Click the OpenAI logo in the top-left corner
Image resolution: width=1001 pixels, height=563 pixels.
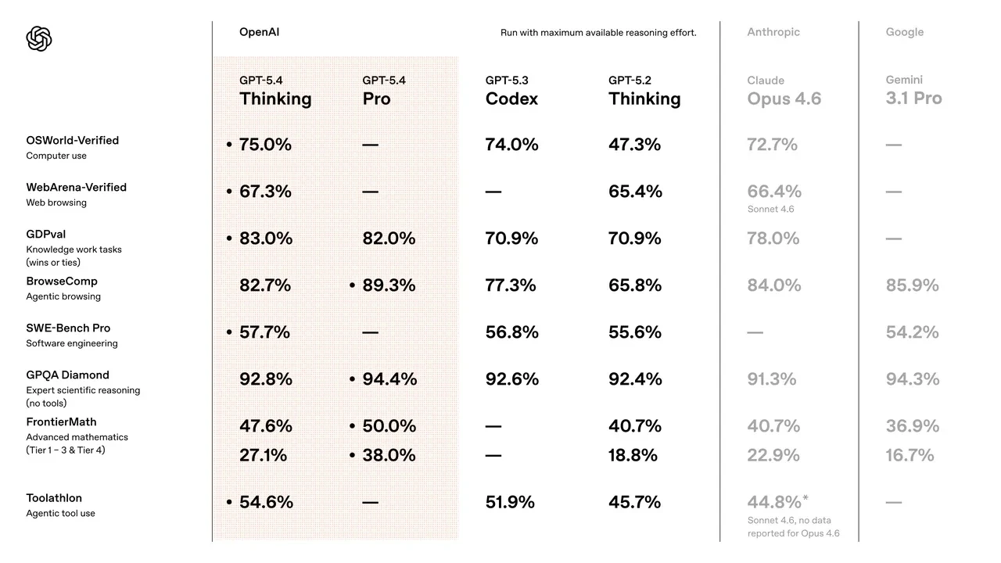click(39, 38)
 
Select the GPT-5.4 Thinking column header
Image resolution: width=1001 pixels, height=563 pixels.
click(275, 91)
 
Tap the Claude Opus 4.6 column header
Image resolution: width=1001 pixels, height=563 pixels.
click(784, 91)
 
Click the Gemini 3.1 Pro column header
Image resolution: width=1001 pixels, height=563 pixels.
click(913, 91)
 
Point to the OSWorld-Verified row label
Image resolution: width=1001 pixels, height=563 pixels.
click(73, 141)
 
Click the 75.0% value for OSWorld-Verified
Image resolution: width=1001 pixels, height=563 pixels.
click(265, 145)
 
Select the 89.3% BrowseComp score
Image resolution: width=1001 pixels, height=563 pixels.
click(389, 285)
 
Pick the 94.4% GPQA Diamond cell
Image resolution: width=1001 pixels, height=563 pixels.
click(389, 379)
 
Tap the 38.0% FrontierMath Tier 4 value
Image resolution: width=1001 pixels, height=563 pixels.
click(389, 455)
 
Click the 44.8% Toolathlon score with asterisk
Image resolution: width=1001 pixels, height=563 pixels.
click(777, 502)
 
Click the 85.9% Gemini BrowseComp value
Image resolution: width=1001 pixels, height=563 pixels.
click(912, 285)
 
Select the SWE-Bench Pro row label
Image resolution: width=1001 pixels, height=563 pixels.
click(68, 328)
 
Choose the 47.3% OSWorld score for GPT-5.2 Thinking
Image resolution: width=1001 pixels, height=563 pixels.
click(634, 145)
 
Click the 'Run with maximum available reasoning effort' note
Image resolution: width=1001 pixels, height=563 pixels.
click(598, 33)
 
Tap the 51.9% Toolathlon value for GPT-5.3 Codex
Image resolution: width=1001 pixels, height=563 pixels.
click(510, 502)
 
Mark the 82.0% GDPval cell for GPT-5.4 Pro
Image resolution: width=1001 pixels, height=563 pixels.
click(389, 238)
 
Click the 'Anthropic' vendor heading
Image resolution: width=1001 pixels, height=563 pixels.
click(773, 32)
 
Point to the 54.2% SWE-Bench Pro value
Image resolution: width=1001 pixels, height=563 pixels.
click(912, 332)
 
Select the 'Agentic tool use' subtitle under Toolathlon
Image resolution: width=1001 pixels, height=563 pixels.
click(61, 514)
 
